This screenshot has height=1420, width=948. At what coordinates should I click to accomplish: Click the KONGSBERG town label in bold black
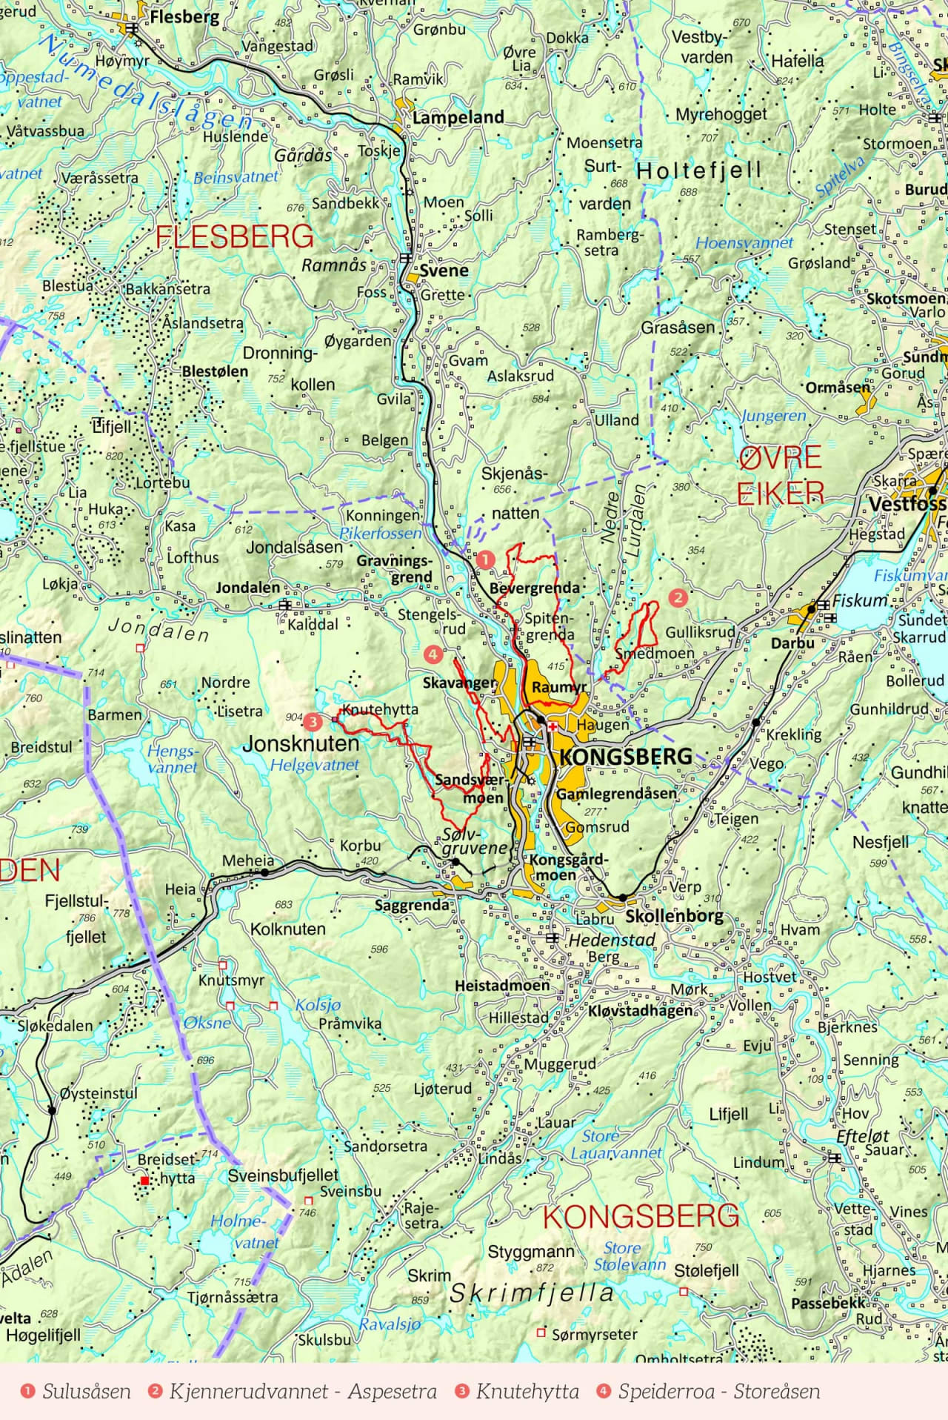tap(626, 757)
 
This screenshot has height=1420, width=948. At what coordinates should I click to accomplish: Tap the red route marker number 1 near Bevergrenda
tap(485, 560)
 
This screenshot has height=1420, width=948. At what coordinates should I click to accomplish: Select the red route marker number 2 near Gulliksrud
tap(678, 597)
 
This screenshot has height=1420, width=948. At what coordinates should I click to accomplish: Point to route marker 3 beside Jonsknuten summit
tap(313, 721)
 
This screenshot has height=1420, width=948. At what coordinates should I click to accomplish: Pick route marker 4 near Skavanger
tap(433, 654)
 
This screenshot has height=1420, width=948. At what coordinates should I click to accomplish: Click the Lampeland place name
tap(458, 117)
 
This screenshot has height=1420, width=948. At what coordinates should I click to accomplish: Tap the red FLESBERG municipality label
tap(235, 236)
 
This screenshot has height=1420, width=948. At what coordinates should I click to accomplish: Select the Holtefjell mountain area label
tap(698, 170)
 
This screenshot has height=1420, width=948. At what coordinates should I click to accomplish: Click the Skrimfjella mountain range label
tap(532, 1293)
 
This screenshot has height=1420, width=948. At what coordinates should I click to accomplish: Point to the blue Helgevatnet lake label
tap(314, 765)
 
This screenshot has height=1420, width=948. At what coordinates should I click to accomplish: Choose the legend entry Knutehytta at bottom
tap(527, 1391)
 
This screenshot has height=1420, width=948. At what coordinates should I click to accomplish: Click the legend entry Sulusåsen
tap(86, 1391)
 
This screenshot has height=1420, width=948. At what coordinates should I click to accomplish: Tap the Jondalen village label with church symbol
tap(248, 588)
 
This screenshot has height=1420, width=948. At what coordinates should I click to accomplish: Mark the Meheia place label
tap(248, 860)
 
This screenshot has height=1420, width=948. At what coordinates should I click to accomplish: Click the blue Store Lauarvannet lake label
tap(615, 1145)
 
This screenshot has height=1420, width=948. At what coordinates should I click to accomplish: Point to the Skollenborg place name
tap(674, 915)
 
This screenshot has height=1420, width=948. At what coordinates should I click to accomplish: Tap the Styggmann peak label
tap(530, 1252)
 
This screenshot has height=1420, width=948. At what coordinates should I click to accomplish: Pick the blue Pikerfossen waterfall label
tap(380, 533)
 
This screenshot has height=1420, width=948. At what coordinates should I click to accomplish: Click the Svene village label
tap(444, 271)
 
